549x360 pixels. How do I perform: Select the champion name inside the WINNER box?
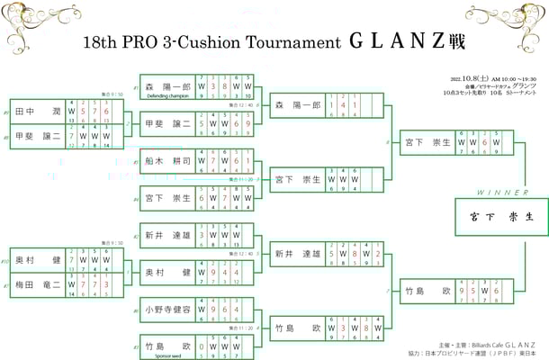coord(500,217)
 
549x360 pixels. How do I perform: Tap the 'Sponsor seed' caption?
coord(162,354)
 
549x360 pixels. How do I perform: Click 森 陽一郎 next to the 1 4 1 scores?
coord(298,105)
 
